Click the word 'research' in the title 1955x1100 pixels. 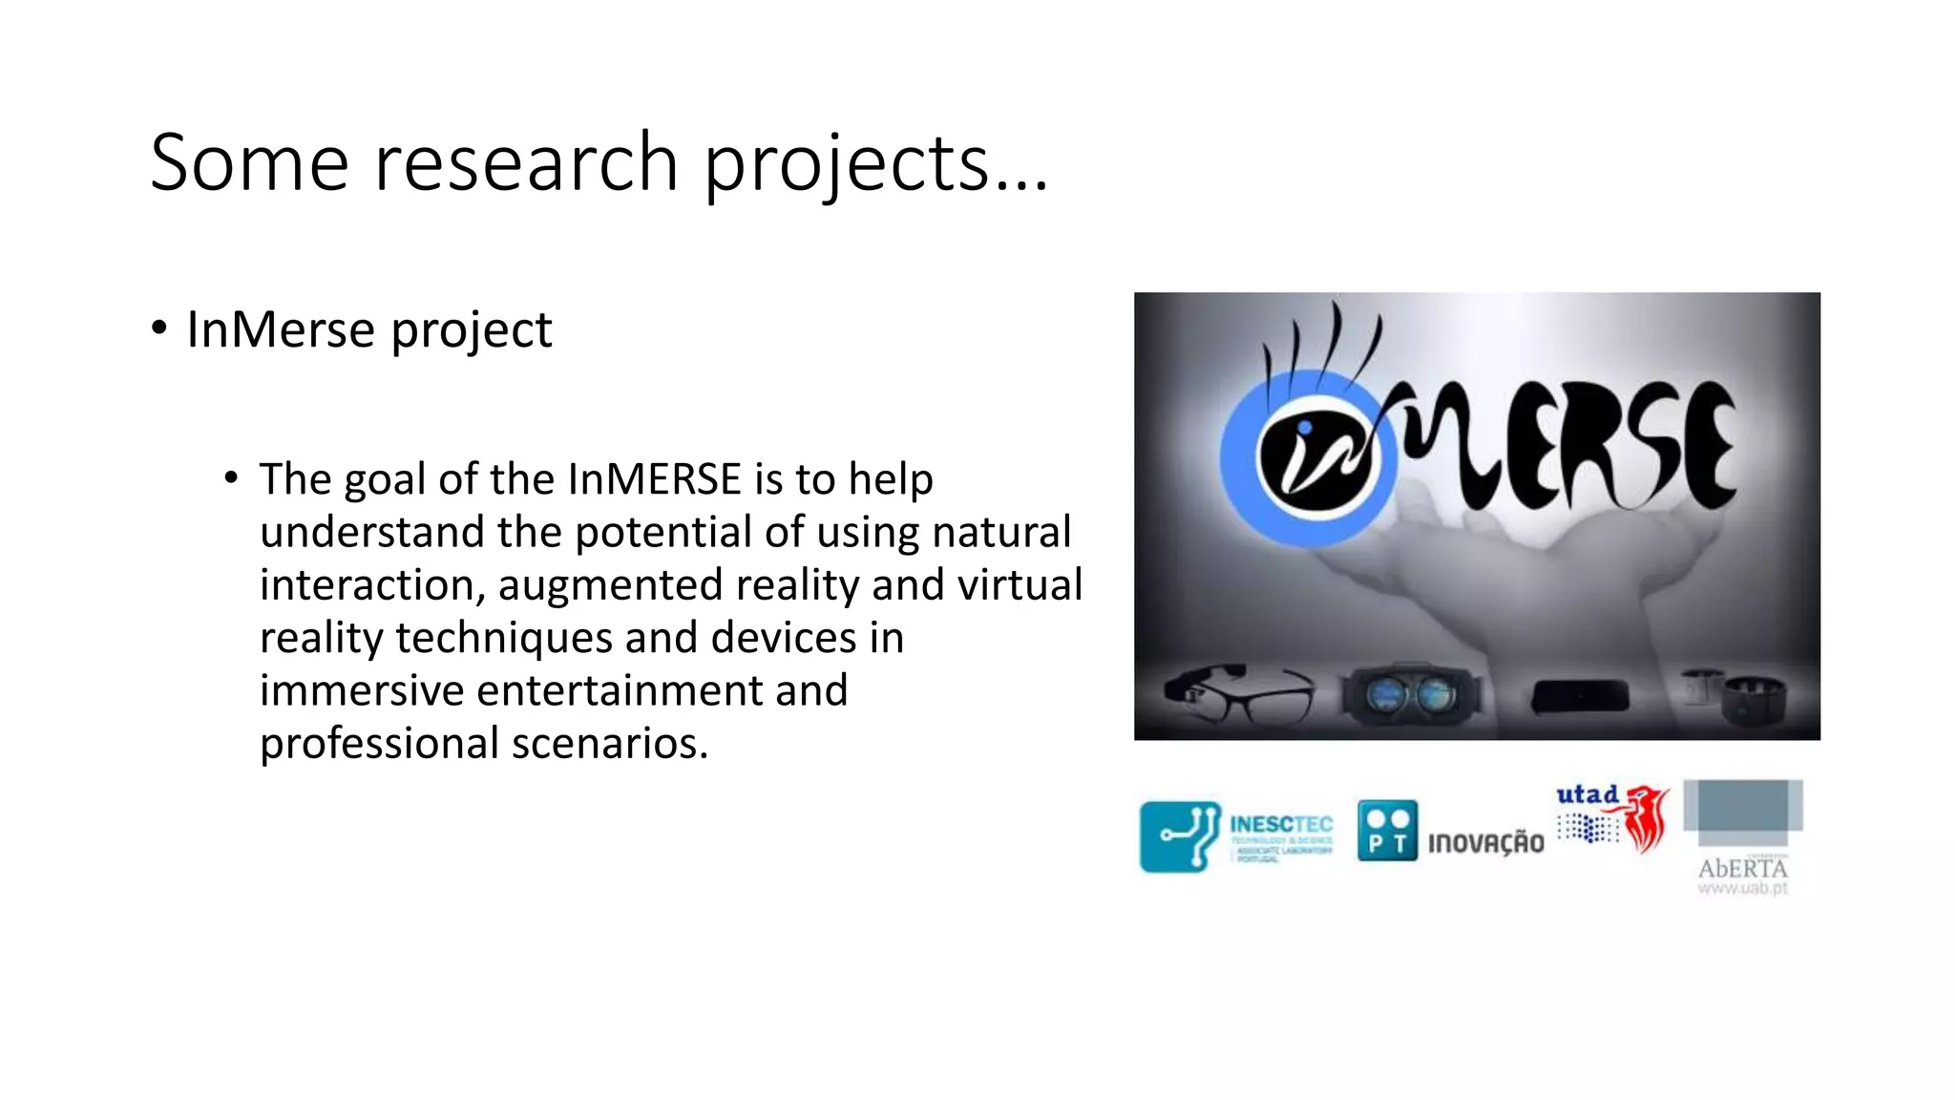[525, 163]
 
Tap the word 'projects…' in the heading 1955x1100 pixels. [875, 163]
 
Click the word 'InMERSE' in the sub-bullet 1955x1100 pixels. [654, 479]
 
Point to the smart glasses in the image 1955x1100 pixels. [1238, 695]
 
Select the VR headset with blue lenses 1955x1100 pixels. [1411, 695]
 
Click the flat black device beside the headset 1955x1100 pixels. [1580, 697]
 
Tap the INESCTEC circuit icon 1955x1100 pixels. [1180, 836]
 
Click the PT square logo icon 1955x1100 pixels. [1387, 831]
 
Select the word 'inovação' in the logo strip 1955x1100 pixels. [1485, 842]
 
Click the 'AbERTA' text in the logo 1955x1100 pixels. [1742, 868]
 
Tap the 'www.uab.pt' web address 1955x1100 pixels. [1742, 889]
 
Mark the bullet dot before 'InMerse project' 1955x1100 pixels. [159, 328]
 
